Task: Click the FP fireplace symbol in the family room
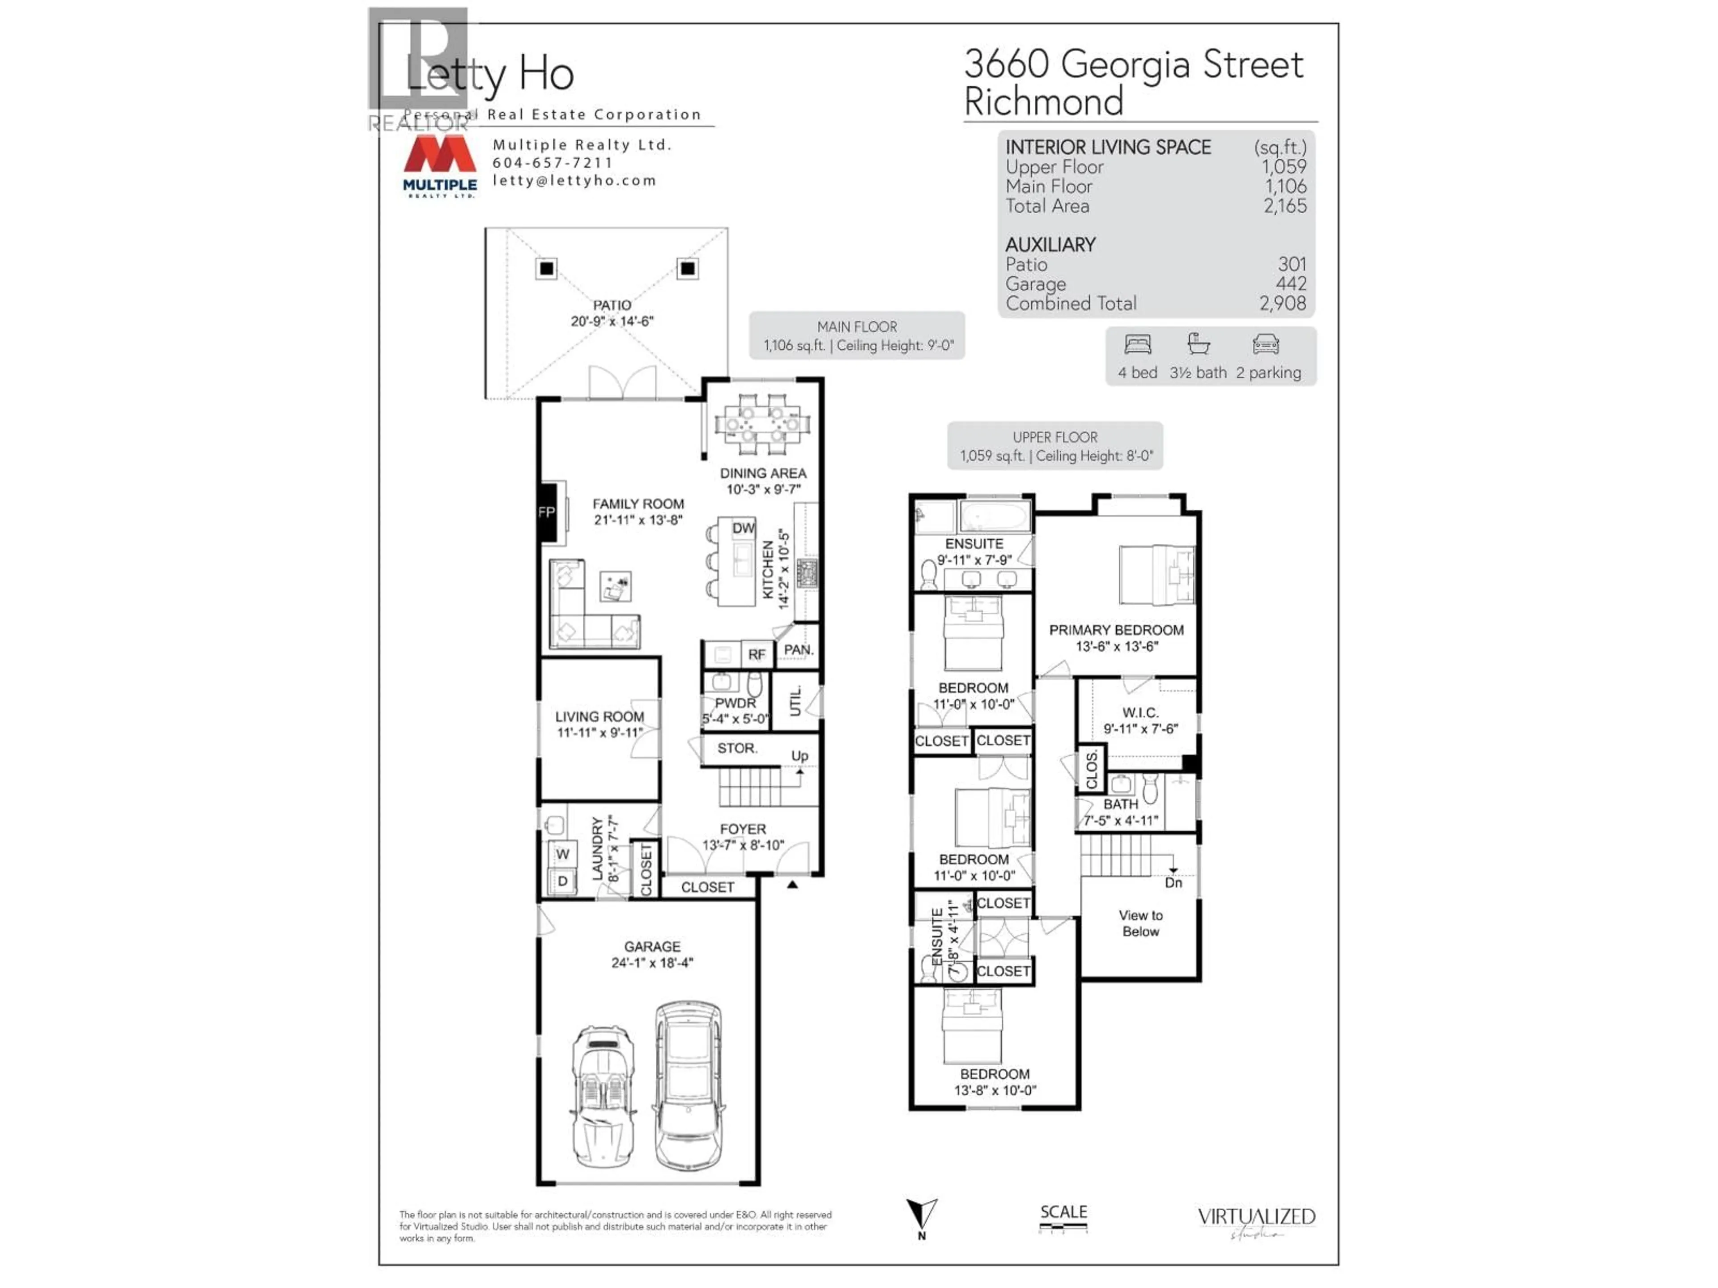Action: pyautogui.click(x=547, y=513)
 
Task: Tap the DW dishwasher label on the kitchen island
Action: pyautogui.click(x=743, y=528)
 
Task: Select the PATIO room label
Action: pyautogui.click(x=612, y=305)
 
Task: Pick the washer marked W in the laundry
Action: pyautogui.click(x=562, y=854)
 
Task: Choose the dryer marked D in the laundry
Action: pyautogui.click(x=562, y=881)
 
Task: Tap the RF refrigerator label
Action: pyautogui.click(x=757, y=654)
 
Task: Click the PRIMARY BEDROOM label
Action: pyautogui.click(x=1116, y=630)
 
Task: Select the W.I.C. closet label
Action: pyautogui.click(x=1140, y=712)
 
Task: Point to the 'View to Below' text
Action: pyautogui.click(x=1140, y=923)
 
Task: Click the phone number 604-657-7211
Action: pyautogui.click(x=552, y=162)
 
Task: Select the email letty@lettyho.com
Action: pyautogui.click(x=574, y=180)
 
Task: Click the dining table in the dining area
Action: pyautogui.click(x=762, y=424)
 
